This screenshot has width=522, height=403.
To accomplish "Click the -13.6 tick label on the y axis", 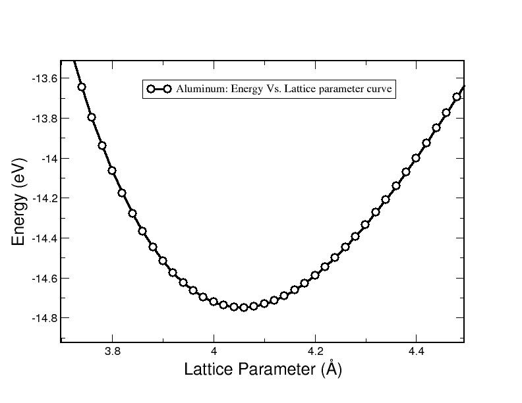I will (x=45, y=78).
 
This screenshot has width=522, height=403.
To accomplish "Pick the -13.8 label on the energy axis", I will (x=45, y=119).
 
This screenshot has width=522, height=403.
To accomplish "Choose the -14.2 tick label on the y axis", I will (x=45, y=198).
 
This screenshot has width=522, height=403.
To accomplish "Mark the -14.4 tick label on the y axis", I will (x=45, y=238).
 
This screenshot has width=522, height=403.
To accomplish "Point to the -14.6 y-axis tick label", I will (x=45, y=279).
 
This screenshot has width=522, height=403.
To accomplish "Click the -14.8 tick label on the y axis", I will (x=45, y=318).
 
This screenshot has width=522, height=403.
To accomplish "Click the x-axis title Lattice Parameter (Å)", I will (x=263, y=369).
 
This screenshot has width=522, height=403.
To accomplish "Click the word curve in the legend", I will (x=379, y=89).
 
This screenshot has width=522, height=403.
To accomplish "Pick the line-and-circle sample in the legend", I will (x=159, y=89).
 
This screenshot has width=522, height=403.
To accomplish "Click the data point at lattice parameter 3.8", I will (x=112, y=171).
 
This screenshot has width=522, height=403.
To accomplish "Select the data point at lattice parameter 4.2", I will (x=315, y=275).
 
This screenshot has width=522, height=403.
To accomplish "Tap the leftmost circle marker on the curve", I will (x=82, y=87).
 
